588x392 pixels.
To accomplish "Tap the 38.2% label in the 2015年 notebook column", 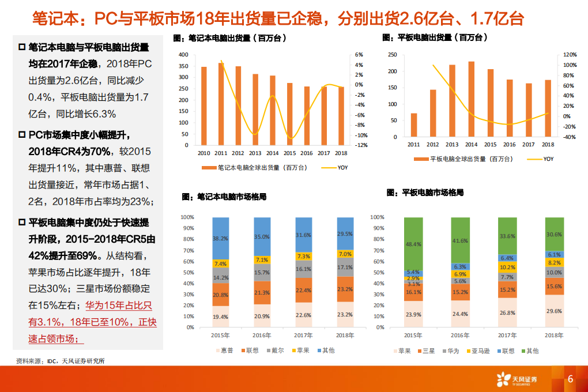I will pos(220,238).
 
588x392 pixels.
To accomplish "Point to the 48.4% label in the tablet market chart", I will pos(413,244).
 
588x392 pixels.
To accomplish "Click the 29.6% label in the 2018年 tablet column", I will pos(555,311).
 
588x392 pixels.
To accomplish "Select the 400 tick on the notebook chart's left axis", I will pos(184,55).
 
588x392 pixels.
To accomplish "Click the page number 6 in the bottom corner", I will pos(570,379).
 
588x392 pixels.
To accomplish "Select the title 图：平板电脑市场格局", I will pos(425,193).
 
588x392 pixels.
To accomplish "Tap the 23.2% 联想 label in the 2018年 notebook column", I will pos(345,289).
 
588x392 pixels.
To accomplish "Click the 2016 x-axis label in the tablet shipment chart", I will pos(509,145).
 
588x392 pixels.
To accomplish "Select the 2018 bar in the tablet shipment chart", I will pos(548,109).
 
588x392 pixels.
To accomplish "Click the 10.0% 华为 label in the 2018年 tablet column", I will pos(555,272).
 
